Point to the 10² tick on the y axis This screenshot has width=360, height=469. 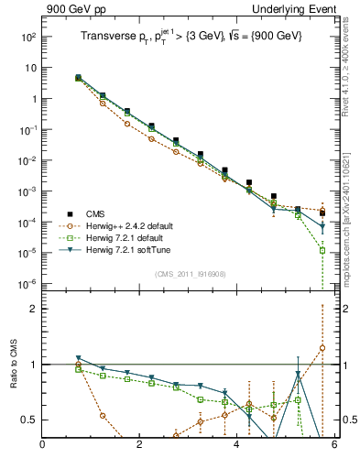tap(27, 38)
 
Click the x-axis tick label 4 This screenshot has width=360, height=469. tap(237, 445)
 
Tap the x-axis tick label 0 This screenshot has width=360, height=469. tap(42, 445)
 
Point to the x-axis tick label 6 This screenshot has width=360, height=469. tap(334, 445)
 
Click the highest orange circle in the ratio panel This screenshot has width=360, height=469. tap(322, 348)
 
